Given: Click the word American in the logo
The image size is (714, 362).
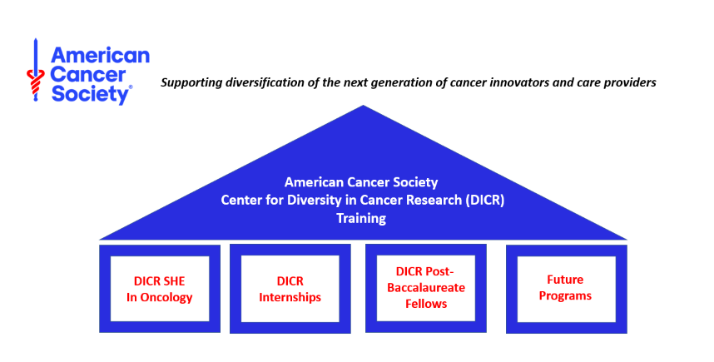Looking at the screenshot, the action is click(100, 55).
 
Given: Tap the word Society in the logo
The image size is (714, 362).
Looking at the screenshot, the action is click(90, 95).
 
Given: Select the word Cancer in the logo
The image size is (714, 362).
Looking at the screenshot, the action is click(88, 75).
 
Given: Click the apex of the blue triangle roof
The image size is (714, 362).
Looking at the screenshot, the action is click(363, 106).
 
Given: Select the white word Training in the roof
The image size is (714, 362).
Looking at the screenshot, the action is click(361, 219).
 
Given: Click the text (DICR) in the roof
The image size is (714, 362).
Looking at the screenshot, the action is click(485, 201).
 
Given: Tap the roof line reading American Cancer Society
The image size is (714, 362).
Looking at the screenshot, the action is click(361, 182).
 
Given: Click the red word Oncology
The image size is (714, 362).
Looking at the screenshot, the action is click(166, 298).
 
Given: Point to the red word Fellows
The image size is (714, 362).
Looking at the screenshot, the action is click(426, 304).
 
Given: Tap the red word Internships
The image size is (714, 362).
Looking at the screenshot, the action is click(290, 297).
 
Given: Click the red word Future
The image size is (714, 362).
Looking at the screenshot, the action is click(565, 280).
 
